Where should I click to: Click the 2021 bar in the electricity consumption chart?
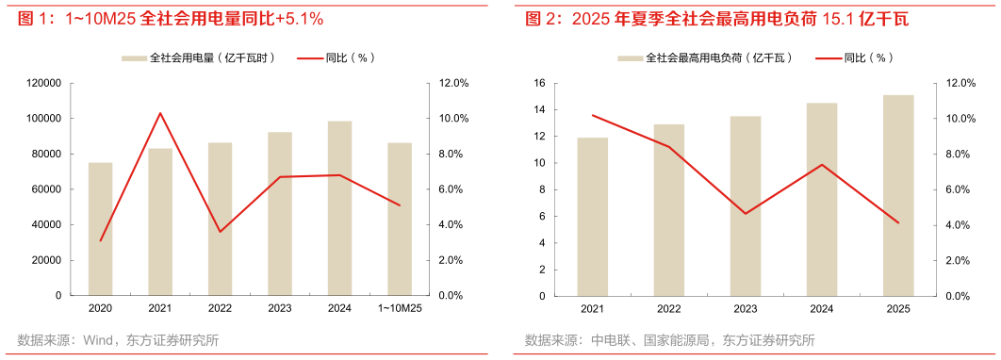(160, 221)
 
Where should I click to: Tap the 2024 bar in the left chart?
(339, 207)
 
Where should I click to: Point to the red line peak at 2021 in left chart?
(160, 113)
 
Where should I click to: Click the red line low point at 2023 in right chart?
(746, 214)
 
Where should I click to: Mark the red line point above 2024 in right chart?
(822, 165)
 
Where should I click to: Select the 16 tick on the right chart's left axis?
(541, 83)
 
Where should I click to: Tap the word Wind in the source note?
(99, 340)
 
